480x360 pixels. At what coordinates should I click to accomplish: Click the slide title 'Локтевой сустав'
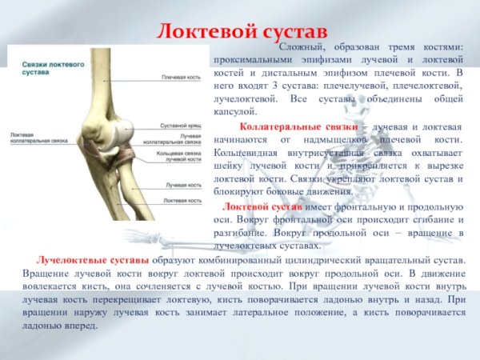coord(239,30)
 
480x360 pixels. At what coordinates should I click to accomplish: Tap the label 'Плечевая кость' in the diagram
coord(180,78)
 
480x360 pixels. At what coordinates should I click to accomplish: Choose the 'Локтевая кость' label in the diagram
coord(181,201)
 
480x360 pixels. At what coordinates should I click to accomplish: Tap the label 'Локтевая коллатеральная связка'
coord(29,138)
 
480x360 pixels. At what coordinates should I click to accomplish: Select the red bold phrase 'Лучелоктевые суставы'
coord(91,261)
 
